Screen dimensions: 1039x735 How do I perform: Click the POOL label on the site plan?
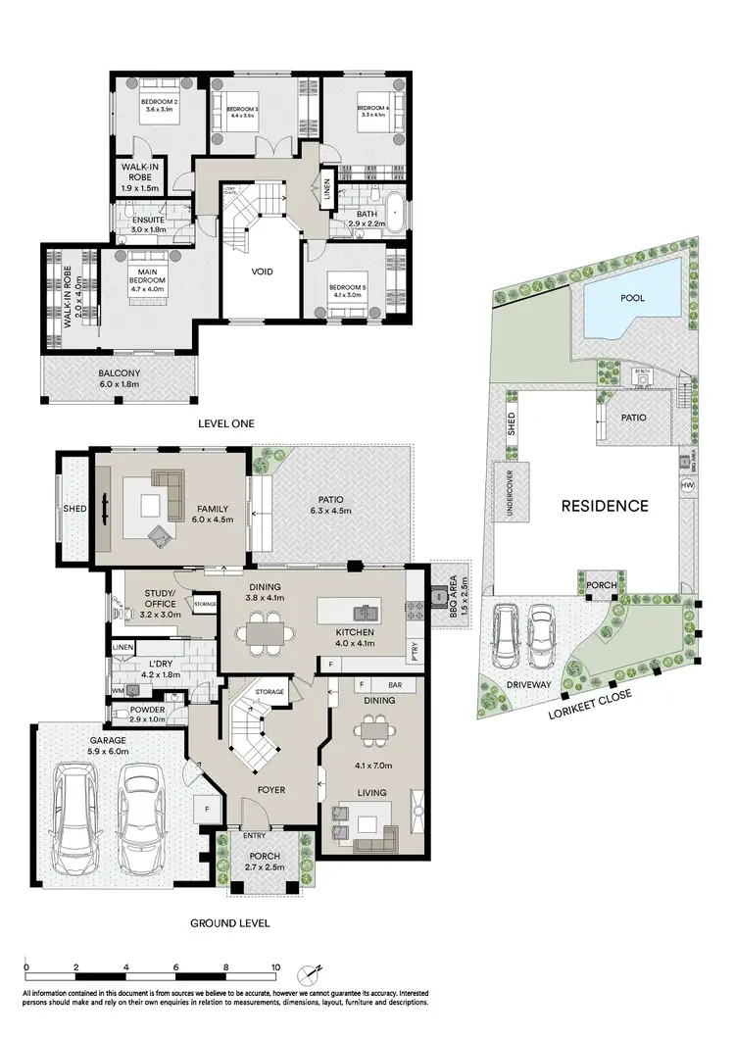pos(632,298)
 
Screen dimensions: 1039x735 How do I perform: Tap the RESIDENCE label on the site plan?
pos(604,506)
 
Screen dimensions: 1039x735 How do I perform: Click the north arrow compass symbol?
pos(313,970)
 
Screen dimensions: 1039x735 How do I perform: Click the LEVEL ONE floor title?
pos(226,423)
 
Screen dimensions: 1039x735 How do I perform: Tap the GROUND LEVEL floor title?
pos(231,922)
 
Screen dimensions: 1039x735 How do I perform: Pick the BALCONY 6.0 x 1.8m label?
pos(120,378)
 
